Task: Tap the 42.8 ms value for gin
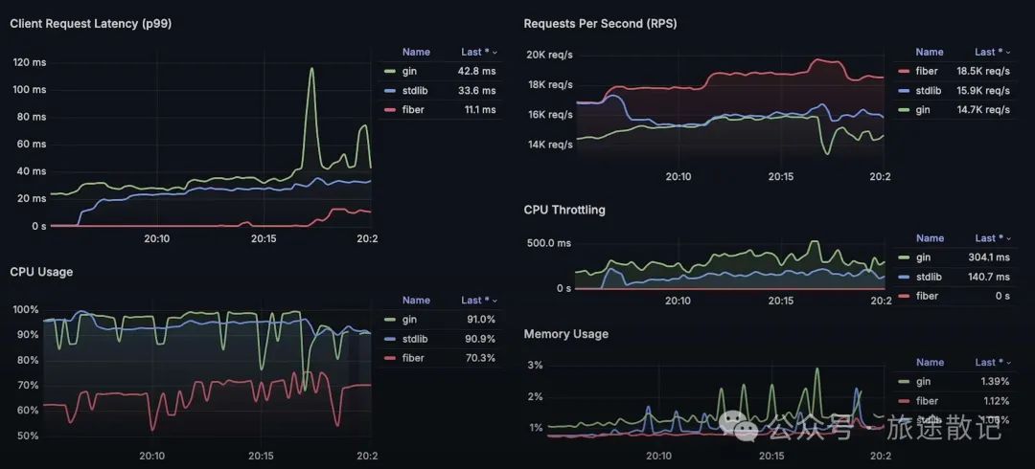(476, 71)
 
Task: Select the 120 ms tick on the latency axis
(29, 62)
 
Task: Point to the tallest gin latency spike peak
(311, 69)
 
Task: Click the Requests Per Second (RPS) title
(600, 23)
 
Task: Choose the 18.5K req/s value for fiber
(983, 71)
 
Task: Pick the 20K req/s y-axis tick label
(549, 55)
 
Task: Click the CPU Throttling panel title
(564, 210)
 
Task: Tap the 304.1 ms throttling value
(989, 257)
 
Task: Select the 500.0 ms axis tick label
(550, 243)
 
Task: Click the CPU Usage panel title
(41, 272)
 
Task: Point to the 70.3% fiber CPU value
(480, 358)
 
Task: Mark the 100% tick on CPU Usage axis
(26, 310)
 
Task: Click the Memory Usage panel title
(565, 334)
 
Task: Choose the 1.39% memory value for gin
(993, 382)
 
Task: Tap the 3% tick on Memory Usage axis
(536, 366)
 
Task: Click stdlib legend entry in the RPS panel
(928, 91)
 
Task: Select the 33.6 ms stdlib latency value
(476, 91)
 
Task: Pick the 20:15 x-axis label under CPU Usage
(263, 457)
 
